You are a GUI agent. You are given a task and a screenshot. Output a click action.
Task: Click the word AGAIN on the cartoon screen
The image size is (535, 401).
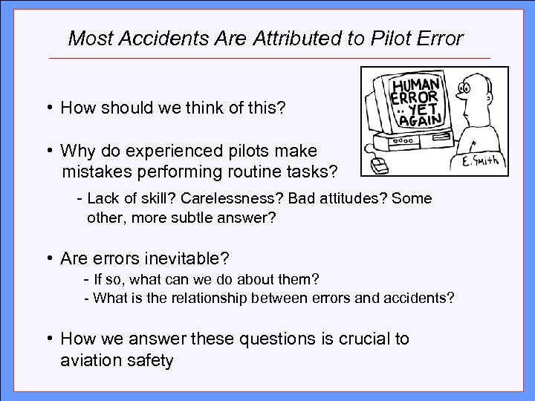click(420, 119)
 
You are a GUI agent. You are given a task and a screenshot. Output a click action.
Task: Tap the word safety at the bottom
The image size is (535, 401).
click(151, 361)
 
